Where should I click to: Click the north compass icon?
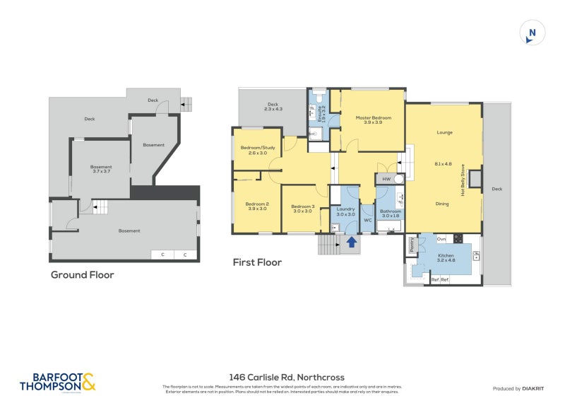click(533, 33)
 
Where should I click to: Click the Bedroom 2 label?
click(256, 206)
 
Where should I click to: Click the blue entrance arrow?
click(351, 243)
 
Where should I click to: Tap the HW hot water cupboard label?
click(386, 180)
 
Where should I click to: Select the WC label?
click(367, 220)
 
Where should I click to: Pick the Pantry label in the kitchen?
click(411, 244)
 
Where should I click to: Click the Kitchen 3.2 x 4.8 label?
click(446, 257)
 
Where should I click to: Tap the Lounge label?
click(444, 132)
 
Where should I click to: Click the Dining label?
click(442, 204)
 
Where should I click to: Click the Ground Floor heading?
click(82, 275)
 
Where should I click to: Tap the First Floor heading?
click(257, 262)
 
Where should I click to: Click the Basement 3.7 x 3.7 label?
click(101, 169)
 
